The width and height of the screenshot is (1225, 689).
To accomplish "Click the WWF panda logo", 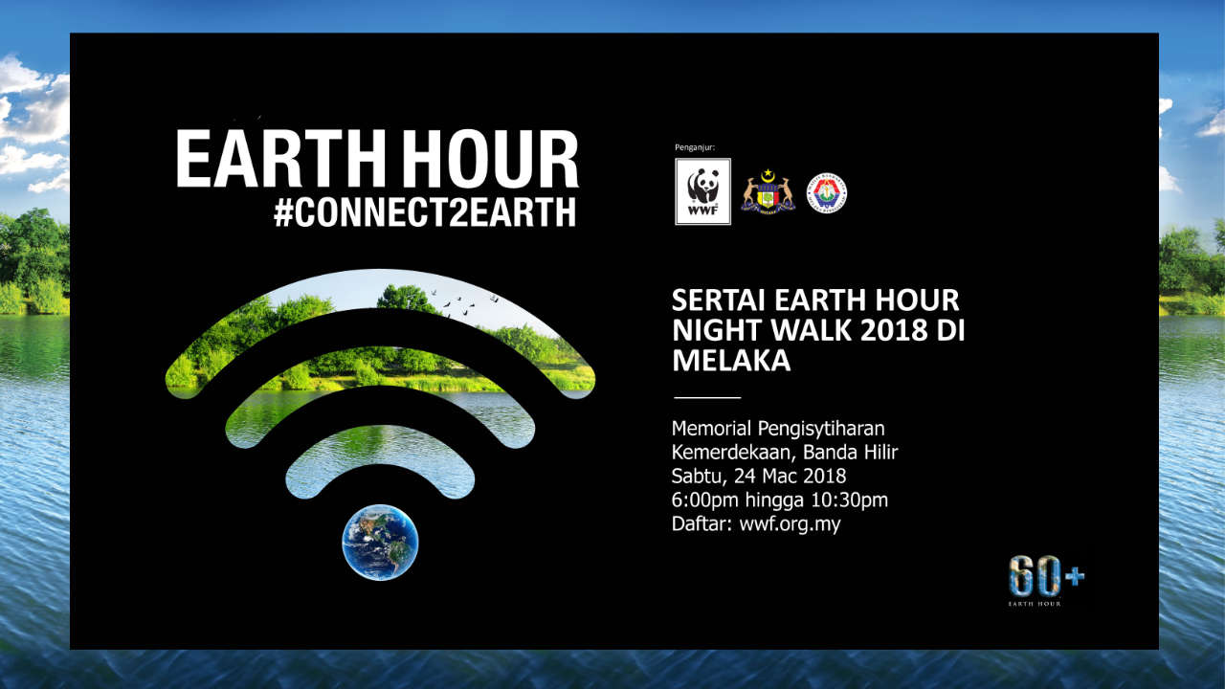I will click(702, 191).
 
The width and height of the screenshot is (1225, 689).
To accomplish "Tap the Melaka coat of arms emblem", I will click(768, 192).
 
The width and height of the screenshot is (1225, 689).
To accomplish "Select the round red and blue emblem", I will click(826, 192).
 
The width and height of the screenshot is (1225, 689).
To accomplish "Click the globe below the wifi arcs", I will click(380, 542).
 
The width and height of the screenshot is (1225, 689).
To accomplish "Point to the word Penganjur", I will click(694, 147).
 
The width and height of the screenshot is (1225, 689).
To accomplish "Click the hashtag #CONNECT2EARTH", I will click(425, 212).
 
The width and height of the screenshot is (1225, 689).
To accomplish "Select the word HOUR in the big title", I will click(490, 160).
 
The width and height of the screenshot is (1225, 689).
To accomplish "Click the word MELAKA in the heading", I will click(731, 361).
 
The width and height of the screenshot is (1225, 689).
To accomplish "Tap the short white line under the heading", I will click(707, 396).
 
